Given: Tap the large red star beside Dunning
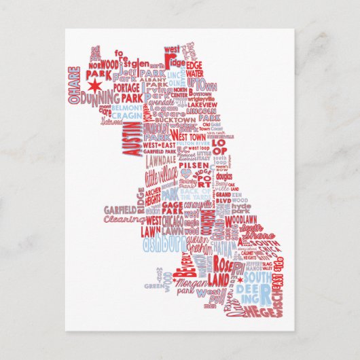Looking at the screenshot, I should click(x=94, y=88).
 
